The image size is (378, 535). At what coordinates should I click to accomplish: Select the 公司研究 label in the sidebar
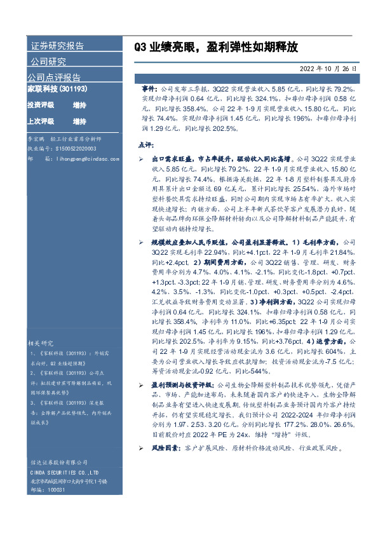[x=48, y=62]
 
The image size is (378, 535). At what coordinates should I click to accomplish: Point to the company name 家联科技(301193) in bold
[x=57, y=90]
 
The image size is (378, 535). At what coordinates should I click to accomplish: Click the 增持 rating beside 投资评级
[x=79, y=104]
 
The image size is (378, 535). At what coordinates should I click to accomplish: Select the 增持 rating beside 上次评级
[x=79, y=121]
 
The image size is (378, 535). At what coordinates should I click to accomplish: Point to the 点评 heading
[x=145, y=145]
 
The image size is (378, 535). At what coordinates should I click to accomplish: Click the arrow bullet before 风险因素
[x=140, y=449]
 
